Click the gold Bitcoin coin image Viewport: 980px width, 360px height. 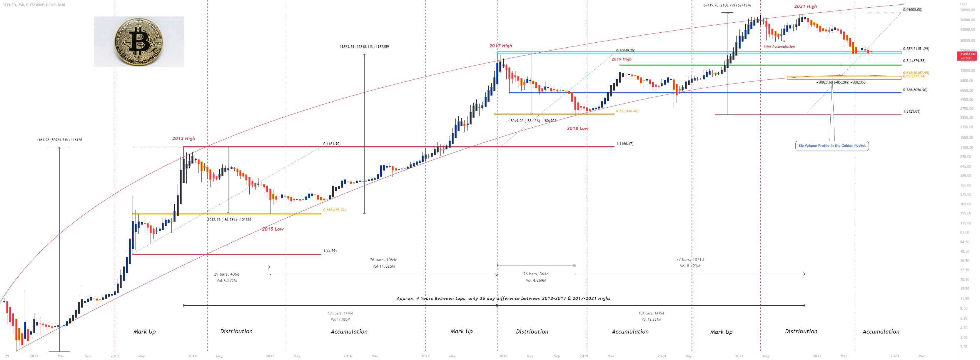click(138, 41)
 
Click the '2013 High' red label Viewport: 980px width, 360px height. click(183, 139)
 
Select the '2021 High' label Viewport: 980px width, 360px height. click(805, 6)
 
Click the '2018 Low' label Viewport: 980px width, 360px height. click(577, 129)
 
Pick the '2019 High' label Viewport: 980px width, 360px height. click(621, 59)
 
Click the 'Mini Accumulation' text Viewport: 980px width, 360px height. click(779, 46)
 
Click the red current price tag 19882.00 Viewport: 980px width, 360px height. click(967, 56)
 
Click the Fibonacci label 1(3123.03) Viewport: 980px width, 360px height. click(911, 111)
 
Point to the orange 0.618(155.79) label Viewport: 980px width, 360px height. click(334, 210)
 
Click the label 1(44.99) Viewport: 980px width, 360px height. click(330, 251)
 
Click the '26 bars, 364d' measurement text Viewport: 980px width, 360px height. click(536, 274)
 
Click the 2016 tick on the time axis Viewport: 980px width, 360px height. click(347, 356)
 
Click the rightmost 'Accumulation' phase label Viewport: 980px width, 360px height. click(881, 332)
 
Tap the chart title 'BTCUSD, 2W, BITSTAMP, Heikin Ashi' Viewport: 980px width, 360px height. click(34, 5)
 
